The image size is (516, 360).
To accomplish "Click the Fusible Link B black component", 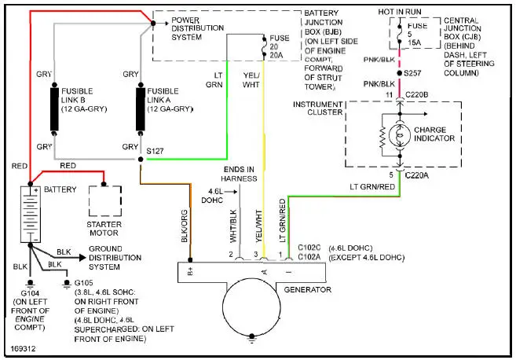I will click(x=55, y=109).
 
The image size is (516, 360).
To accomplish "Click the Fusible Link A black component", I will click(x=141, y=109).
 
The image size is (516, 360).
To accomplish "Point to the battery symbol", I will click(x=31, y=215).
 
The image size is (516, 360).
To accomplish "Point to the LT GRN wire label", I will click(x=214, y=80).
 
